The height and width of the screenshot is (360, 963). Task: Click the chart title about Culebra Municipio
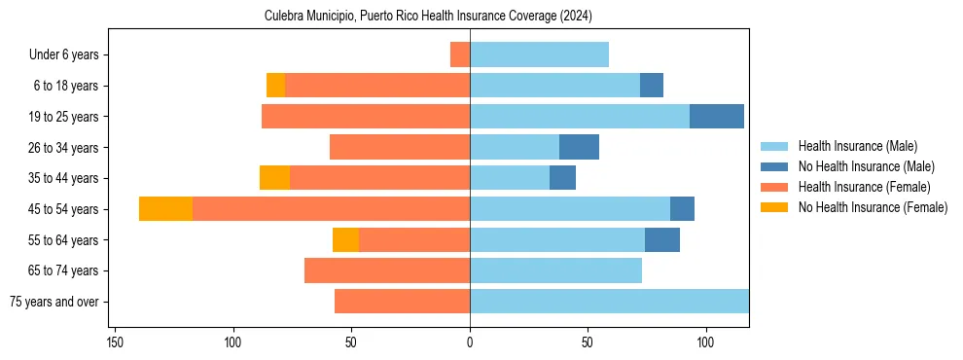point(428,17)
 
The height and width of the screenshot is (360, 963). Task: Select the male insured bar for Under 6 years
point(539,54)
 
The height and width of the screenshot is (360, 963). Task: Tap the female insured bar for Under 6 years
point(460,54)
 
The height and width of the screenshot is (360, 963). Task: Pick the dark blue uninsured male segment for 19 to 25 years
point(717,117)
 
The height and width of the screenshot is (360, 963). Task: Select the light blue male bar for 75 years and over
point(609,302)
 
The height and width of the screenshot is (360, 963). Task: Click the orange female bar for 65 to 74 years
point(387,270)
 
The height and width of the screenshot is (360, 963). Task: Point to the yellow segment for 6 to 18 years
point(276,86)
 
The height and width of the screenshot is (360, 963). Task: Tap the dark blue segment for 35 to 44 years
point(562,178)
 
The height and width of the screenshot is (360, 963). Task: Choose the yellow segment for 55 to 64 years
point(345,240)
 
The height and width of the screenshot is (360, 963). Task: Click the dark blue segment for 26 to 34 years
point(579,147)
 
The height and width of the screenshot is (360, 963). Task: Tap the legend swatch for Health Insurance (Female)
point(775,187)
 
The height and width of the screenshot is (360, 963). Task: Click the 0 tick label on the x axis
point(470,342)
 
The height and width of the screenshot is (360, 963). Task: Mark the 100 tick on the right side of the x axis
point(706,342)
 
